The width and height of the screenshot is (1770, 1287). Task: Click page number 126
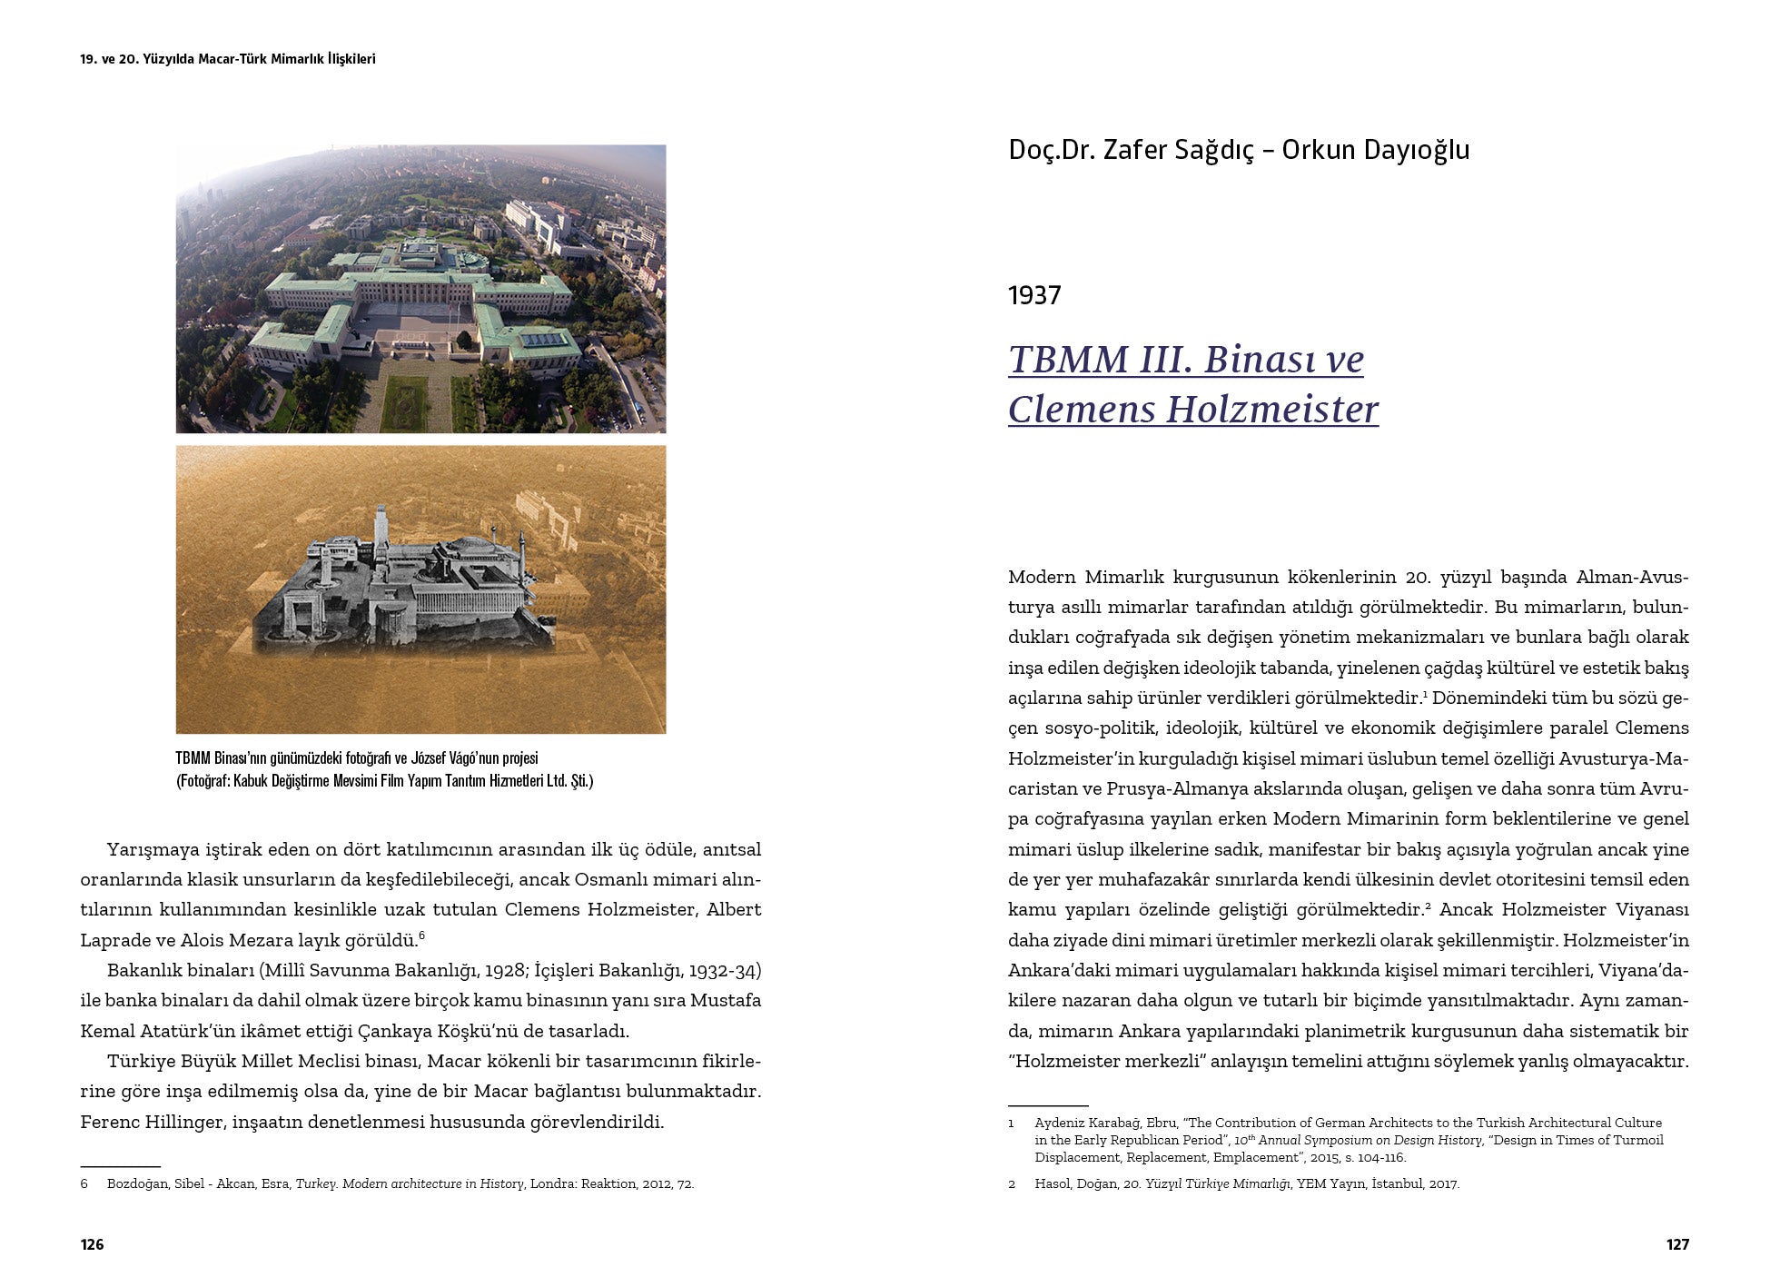click(x=92, y=1244)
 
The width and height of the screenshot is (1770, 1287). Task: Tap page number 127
click(x=1677, y=1244)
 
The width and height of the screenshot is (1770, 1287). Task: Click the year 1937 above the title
click(x=1034, y=295)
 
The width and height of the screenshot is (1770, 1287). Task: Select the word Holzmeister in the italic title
click(x=1272, y=409)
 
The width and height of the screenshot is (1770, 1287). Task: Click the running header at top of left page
click(x=228, y=59)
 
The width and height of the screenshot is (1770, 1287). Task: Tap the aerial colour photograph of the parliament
click(x=420, y=289)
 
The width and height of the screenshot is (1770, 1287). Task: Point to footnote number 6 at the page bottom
click(x=84, y=1184)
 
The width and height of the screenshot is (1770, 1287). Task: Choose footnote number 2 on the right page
click(x=1013, y=1184)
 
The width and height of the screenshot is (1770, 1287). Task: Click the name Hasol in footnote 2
click(x=1053, y=1184)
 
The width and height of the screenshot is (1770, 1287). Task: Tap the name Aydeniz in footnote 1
click(x=1061, y=1124)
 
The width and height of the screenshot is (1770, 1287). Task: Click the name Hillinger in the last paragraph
click(x=186, y=1122)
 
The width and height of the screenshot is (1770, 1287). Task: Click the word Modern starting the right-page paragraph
click(x=1041, y=578)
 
